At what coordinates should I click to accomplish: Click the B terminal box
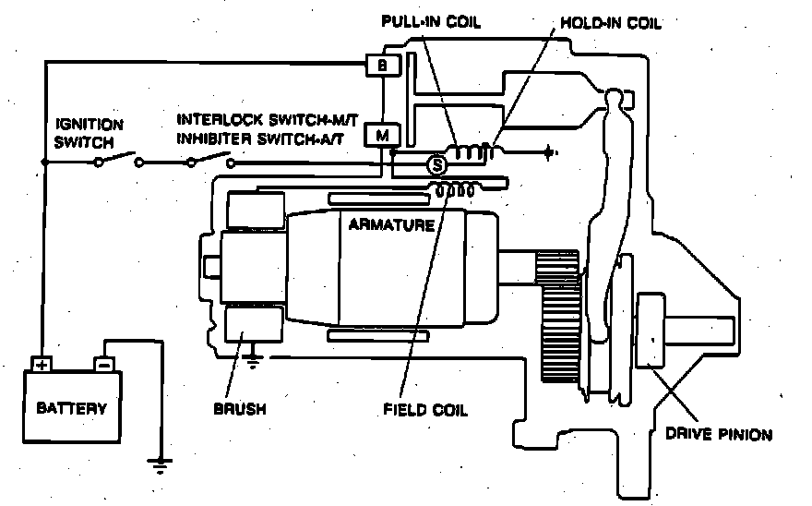379,65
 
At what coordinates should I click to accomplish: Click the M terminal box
380,135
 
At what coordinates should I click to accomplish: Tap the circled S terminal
436,165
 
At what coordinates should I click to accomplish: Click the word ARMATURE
391,224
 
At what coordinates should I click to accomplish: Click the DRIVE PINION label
726,433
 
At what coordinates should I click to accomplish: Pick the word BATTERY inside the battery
71,407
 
